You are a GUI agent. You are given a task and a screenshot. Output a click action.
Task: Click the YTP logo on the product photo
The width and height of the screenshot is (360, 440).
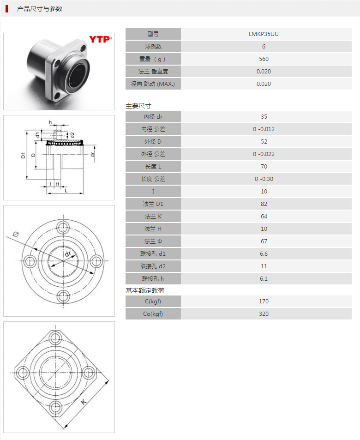(100, 40)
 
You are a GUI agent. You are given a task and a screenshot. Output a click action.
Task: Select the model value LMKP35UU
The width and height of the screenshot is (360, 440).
(264, 34)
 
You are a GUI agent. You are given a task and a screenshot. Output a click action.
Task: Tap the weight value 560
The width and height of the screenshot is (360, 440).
(264, 59)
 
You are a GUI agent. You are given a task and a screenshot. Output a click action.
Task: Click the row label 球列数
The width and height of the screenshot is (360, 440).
(153, 46)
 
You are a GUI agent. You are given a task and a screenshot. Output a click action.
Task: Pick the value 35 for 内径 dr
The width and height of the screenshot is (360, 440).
(264, 116)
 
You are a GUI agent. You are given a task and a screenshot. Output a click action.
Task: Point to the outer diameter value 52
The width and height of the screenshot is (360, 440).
(264, 141)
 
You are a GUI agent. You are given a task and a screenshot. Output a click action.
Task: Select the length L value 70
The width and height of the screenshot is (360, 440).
(264, 166)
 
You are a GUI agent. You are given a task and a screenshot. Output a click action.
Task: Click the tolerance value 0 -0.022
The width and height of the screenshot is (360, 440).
(264, 154)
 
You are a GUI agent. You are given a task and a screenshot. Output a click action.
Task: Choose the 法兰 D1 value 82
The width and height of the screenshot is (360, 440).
(264, 204)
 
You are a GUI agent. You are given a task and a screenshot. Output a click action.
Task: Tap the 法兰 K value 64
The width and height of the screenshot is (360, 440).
(264, 216)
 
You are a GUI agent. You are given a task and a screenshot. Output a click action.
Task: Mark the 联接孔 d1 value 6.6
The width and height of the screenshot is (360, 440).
(264, 253)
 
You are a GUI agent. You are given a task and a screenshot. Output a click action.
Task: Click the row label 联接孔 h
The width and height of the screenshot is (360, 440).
(153, 278)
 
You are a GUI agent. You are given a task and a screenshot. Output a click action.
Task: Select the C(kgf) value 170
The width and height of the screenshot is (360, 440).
(264, 301)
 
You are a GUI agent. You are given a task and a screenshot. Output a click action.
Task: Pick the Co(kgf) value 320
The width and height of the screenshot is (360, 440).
(264, 313)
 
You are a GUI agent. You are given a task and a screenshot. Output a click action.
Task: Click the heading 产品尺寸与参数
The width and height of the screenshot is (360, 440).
(40, 9)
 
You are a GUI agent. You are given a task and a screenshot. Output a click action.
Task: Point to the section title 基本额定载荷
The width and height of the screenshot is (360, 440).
(145, 290)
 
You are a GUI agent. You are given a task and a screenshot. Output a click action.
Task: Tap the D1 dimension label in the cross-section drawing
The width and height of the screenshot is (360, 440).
(24, 156)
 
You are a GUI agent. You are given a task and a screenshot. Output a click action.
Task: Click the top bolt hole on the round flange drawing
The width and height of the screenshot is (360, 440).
(63, 226)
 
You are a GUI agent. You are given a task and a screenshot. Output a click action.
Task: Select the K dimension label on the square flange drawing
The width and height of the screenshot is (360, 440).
(84, 402)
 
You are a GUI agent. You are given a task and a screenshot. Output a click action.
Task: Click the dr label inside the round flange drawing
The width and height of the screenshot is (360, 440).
(68, 254)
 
